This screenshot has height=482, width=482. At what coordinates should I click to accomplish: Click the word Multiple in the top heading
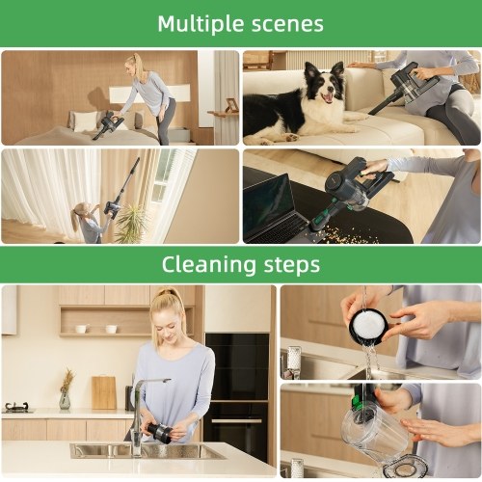[201, 24]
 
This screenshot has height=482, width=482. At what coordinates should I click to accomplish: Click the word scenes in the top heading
[287, 25]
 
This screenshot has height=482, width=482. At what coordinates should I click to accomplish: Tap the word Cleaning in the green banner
[209, 265]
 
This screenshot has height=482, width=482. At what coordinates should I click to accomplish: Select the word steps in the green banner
[292, 265]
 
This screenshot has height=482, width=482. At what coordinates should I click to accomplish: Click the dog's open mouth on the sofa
[327, 97]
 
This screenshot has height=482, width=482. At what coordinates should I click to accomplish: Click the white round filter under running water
[368, 326]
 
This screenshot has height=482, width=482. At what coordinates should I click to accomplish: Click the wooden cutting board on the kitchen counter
[104, 392]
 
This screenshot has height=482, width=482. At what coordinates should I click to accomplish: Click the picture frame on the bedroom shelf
[231, 105]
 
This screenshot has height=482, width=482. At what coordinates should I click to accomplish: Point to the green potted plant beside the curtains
[131, 224]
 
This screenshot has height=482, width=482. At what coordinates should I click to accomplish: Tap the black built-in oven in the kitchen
[237, 397]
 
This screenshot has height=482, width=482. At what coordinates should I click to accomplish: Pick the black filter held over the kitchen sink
[158, 432]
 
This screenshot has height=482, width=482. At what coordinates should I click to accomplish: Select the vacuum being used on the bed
[108, 124]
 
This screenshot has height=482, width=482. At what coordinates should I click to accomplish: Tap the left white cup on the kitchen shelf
[81, 329]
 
